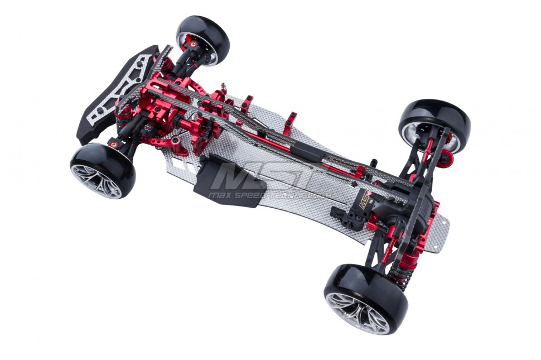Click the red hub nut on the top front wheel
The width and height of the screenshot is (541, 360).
191,42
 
